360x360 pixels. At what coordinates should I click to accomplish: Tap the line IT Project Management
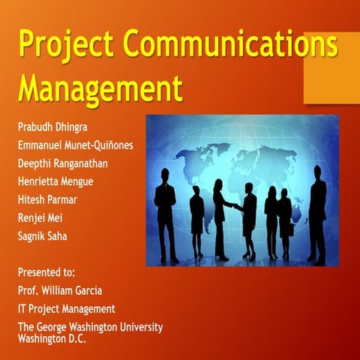point(66,308)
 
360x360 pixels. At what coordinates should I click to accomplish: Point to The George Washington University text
point(89,327)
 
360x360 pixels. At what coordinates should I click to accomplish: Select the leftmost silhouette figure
point(166,214)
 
